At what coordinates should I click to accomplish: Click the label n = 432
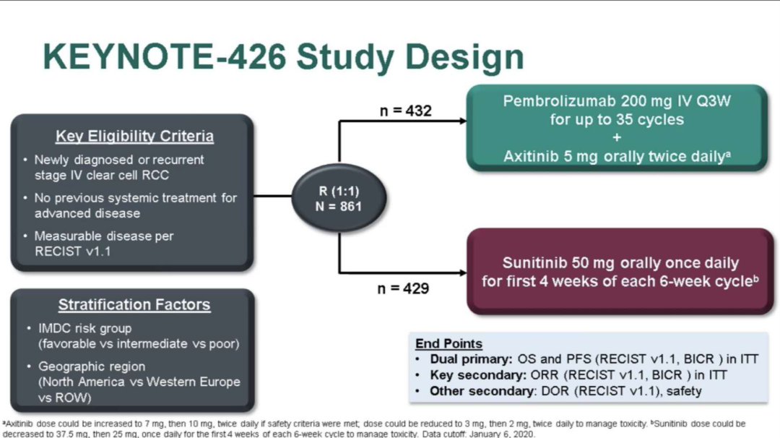point(405,111)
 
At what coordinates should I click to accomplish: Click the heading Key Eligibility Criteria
point(134,137)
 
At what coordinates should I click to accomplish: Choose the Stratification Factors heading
point(134,304)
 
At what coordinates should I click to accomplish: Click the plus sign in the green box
point(617,137)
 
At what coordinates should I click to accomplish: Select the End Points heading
point(448,343)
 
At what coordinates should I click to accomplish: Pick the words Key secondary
point(474,375)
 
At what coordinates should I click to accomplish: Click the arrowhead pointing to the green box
point(462,121)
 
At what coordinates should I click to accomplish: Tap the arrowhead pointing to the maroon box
point(462,273)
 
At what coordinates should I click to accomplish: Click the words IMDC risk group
point(84,328)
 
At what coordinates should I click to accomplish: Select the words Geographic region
point(92,366)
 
